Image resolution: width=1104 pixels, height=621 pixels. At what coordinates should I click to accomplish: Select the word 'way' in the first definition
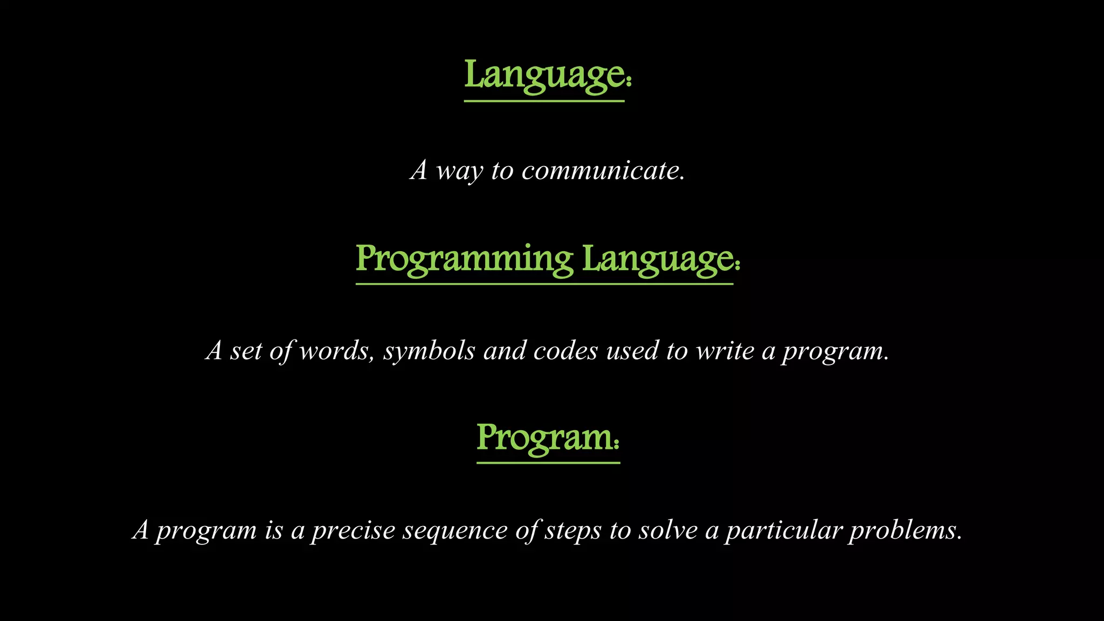point(459,172)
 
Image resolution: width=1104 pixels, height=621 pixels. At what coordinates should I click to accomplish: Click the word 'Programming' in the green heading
point(464,259)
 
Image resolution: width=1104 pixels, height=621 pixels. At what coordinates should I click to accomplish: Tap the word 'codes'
point(565,351)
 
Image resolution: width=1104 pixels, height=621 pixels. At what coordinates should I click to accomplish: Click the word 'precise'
point(354,531)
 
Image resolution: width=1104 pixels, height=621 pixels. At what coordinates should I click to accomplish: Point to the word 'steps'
point(572,531)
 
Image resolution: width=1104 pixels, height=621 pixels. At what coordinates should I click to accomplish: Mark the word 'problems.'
point(906,531)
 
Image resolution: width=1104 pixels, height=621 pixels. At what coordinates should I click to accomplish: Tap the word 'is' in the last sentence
point(274,530)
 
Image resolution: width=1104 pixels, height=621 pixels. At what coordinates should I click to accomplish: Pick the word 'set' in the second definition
point(246,351)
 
